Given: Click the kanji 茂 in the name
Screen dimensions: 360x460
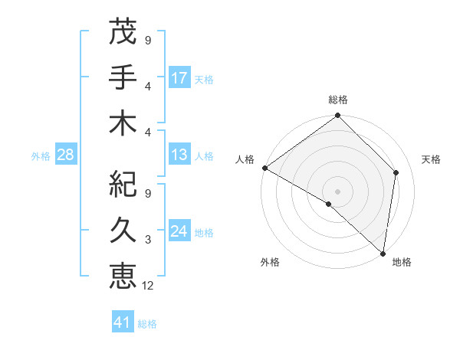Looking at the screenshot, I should coord(123,33).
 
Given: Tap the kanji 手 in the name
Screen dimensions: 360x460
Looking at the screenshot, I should coord(123,77).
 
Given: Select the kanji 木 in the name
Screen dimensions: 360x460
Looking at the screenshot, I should coord(123,123).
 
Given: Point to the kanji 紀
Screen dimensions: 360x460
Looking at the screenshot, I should coord(123,183).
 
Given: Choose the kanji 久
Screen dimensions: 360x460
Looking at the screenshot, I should coord(123,228).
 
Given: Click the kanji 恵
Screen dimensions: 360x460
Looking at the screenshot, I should coord(123,274).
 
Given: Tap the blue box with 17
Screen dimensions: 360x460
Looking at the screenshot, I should coord(179,78).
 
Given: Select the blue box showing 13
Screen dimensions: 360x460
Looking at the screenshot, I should coord(179,155).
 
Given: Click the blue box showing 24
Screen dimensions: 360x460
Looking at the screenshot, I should coord(179,231).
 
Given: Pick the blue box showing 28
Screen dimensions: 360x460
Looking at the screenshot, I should coord(66,155).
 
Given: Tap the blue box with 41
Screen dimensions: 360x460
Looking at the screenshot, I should coord(123,322).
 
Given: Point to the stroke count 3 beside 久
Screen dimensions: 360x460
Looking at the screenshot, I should coord(148,240).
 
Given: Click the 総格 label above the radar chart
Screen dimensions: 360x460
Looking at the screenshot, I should coord(338,100).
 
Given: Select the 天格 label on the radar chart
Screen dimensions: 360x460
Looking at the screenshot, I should coord(431,159).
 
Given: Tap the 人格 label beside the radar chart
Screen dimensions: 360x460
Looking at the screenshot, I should coord(245,159).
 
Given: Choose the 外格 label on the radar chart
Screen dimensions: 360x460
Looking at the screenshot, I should coord(269,263).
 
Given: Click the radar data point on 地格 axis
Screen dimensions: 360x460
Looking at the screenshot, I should coord(383,253).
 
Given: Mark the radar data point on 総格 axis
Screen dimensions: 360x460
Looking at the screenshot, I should coord(338,116).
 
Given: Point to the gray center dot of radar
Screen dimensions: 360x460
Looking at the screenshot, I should coord(338,191).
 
